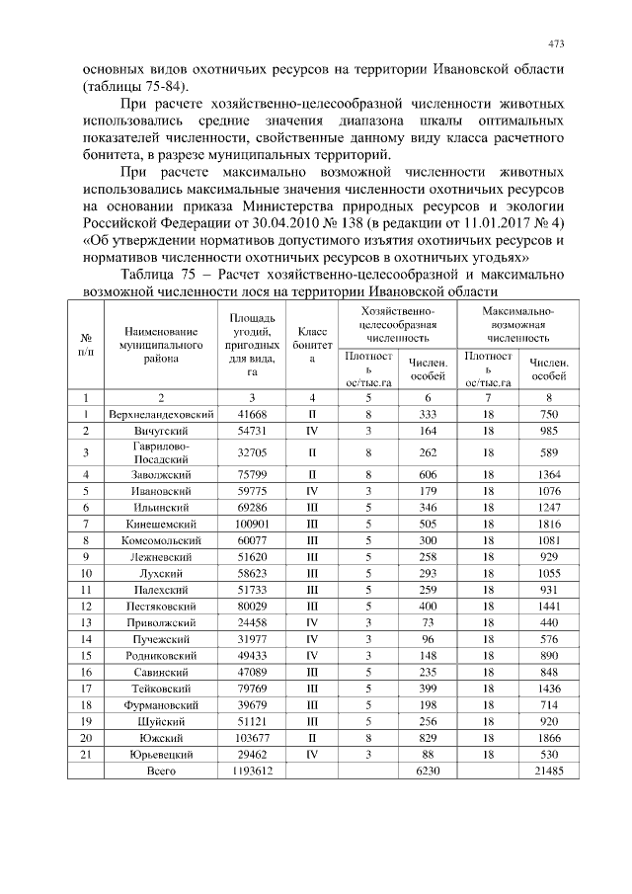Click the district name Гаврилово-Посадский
161,452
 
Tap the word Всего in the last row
161,770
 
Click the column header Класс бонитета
311,347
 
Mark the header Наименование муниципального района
161,347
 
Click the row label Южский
161,736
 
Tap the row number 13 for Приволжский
86,622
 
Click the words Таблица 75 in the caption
162,273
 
